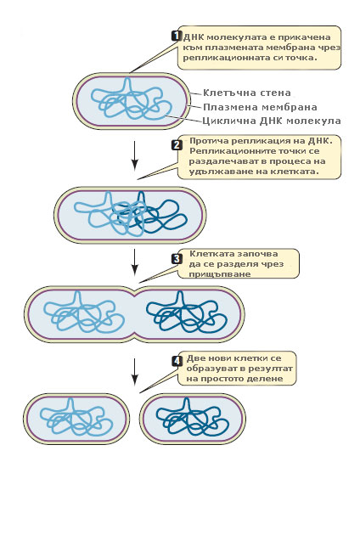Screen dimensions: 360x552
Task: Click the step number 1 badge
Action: pyautogui.click(x=177, y=36)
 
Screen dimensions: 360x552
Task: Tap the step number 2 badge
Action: pyautogui.click(x=177, y=145)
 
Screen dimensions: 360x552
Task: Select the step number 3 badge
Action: pyautogui.click(x=177, y=259)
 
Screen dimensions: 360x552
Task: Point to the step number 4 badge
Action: pyautogui.click(x=177, y=361)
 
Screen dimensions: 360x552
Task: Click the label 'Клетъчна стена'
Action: pyautogui.click(x=247, y=93)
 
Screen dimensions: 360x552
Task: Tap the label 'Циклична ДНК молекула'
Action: pyautogui.click(x=272, y=121)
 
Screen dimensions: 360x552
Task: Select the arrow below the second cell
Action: pyautogui.click(x=134, y=262)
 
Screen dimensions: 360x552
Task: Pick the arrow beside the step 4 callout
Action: pyautogui.click(x=134, y=372)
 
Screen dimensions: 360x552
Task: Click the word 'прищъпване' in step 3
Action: pyautogui.click(x=220, y=274)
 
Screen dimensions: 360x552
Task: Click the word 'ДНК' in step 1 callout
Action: pyautogui.click(x=194, y=37)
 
